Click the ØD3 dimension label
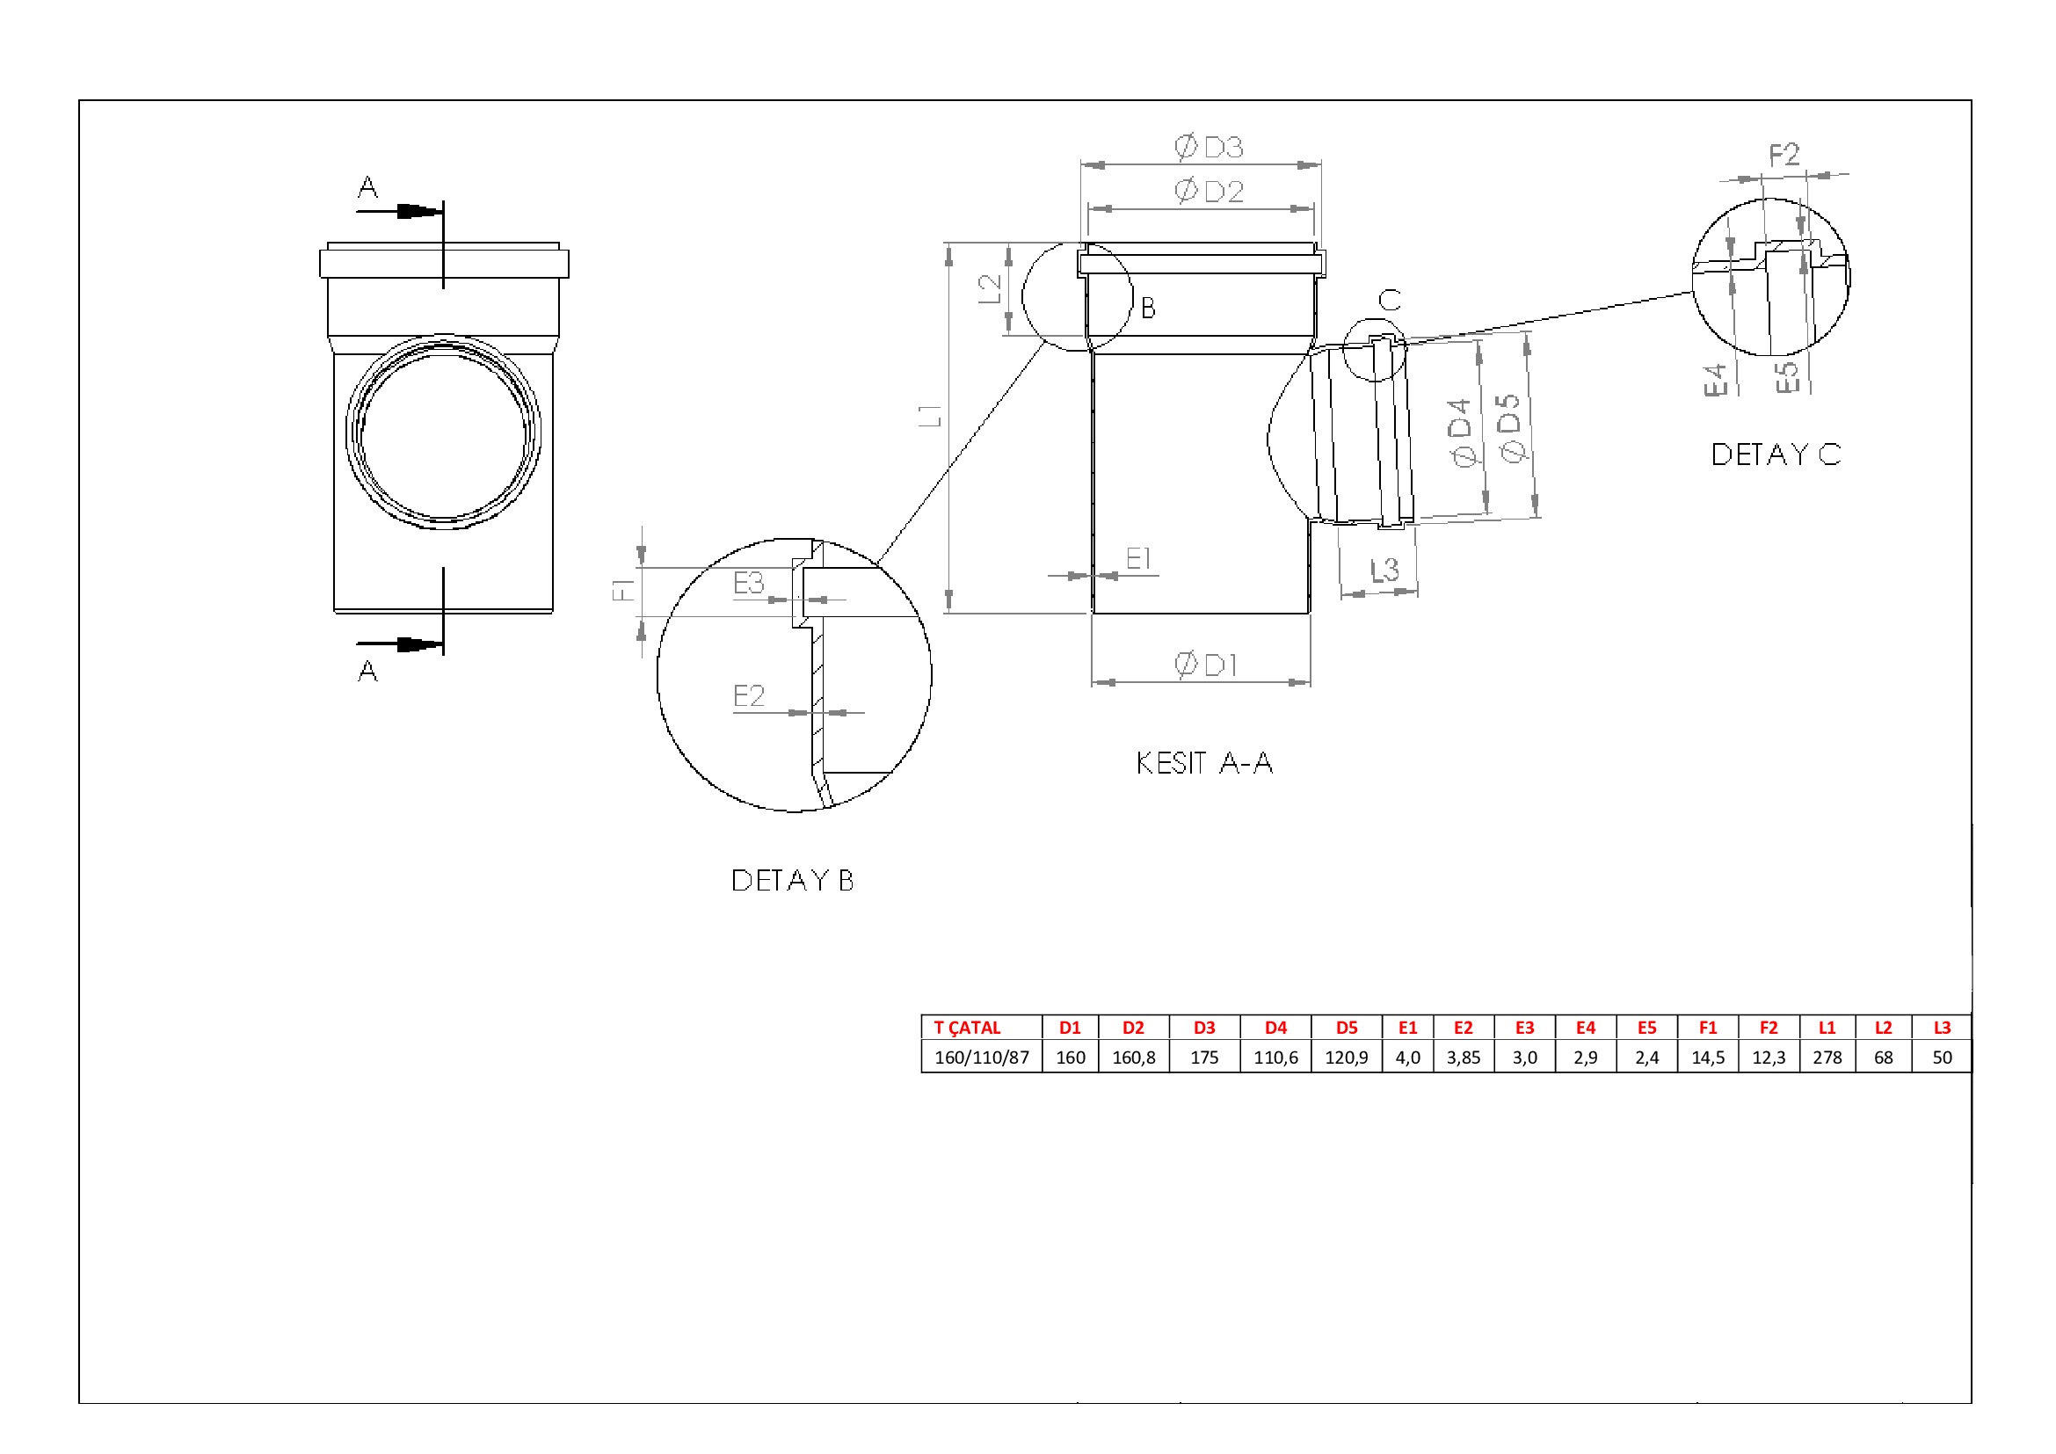point(1209,147)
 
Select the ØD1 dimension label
point(1206,665)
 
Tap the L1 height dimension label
point(931,416)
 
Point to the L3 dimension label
point(1384,570)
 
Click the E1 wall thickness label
point(1138,559)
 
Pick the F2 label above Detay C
point(1784,155)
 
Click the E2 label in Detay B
point(749,695)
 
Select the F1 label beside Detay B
point(623,589)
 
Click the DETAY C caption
point(1776,454)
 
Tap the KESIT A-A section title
point(1204,763)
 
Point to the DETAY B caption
point(793,880)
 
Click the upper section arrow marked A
point(399,211)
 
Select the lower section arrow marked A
point(399,643)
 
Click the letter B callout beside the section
point(1148,309)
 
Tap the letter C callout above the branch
point(1390,300)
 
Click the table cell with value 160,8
point(1134,1058)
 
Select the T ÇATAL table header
point(967,1028)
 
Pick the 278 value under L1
point(1827,1058)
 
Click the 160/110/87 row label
point(982,1058)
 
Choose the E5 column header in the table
point(1646,1028)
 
